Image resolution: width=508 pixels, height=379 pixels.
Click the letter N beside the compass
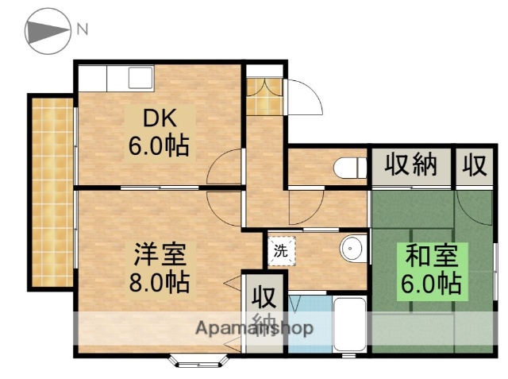click(x=83, y=31)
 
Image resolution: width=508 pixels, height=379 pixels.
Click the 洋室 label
click(x=160, y=256)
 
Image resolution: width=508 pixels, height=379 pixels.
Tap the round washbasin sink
click(x=352, y=249)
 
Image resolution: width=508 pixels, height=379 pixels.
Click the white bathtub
click(x=348, y=323)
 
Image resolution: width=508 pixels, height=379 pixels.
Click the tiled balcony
click(x=51, y=191)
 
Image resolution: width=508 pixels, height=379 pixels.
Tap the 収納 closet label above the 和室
click(x=411, y=165)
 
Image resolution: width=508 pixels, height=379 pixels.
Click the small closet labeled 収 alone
click(x=474, y=165)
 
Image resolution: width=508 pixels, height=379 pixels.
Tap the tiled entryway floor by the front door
click(x=263, y=99)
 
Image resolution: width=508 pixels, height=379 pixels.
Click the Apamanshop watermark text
click(x=254, y=328)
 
